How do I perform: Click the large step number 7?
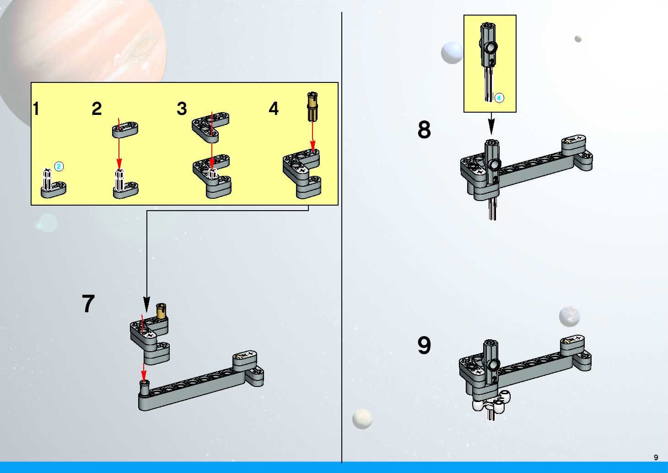coord(88,304)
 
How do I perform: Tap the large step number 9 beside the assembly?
coord(424,345)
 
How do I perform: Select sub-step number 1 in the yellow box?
coord(36,109)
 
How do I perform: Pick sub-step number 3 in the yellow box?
coord(182,109)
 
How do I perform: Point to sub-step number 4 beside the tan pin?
coord(273,109)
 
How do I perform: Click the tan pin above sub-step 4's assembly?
coord(312,107)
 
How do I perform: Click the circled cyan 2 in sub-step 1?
coord(59,167)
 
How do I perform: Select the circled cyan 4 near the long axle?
coord(499,98)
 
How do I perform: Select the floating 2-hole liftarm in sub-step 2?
coord(125,130)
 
